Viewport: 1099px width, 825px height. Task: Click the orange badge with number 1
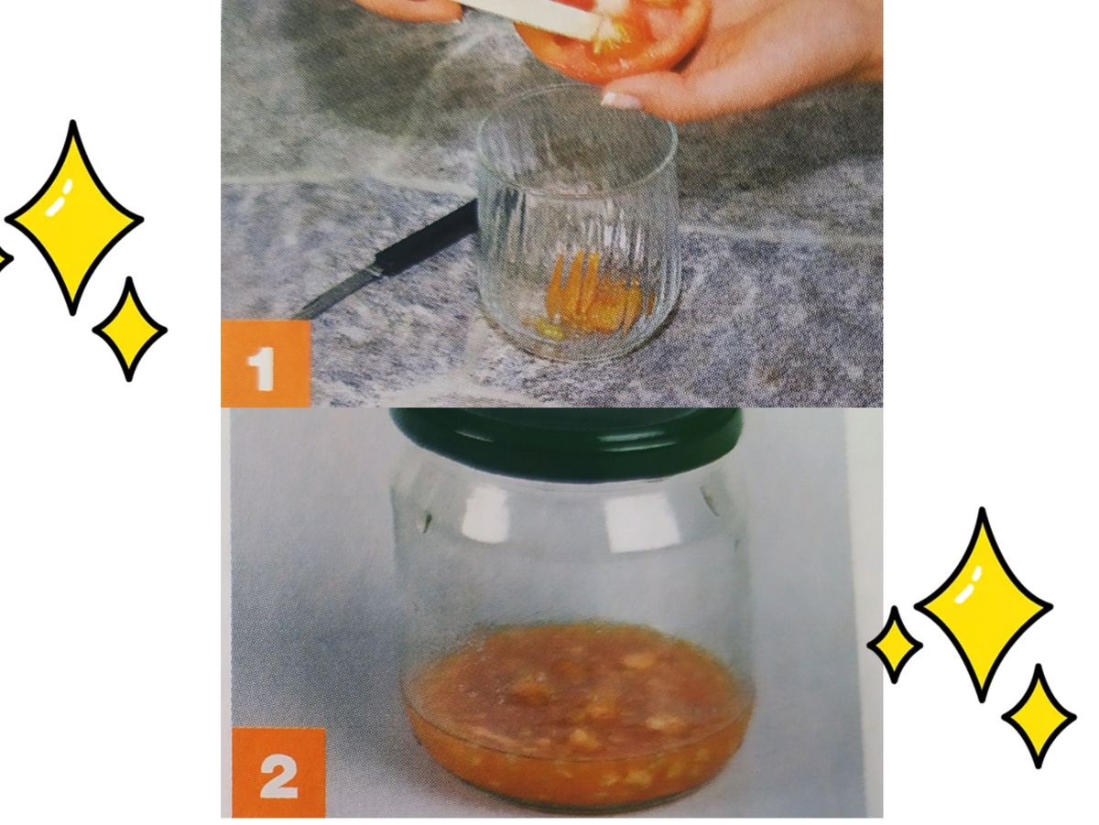(x=266, y=364)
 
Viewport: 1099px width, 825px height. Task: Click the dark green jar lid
(x=566, y=440)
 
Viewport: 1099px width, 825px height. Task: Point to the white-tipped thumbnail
(x=621, y=100)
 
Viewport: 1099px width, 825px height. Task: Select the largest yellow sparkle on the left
(x=73, y=218)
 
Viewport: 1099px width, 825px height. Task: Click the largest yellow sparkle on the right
(x=983, y=605)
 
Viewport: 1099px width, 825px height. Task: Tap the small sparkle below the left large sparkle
(x=130, y=330)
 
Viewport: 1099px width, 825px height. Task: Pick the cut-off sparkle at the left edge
(x=4, y=260)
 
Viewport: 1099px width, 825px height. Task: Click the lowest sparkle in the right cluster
(x=1039, y=717)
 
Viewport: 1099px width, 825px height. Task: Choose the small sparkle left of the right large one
(x=895, y=646)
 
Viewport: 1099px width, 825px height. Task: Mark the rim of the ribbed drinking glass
(x=578, y=86)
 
